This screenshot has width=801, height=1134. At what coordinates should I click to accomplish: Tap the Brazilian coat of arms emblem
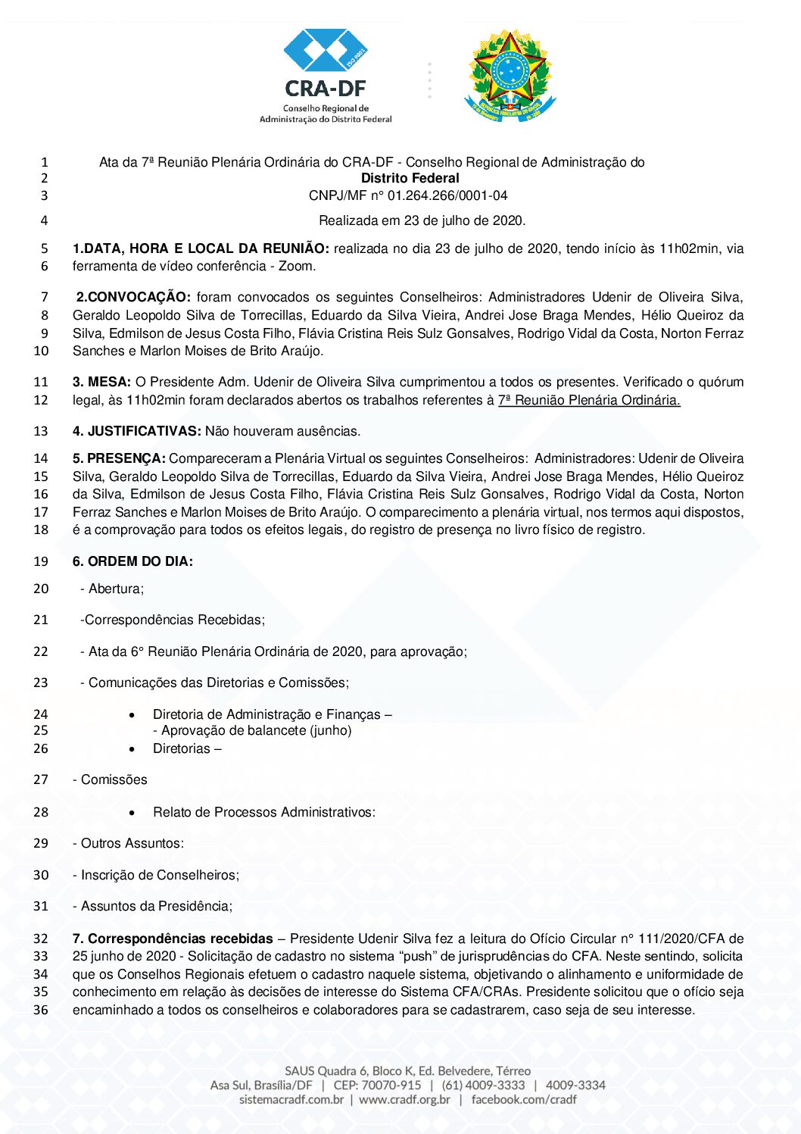[510, 76]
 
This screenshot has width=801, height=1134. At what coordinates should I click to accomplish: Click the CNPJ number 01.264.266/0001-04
[447, 195]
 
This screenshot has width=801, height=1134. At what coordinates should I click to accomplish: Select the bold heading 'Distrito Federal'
[410, 178]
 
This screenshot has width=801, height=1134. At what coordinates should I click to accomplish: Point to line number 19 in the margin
[41, 561]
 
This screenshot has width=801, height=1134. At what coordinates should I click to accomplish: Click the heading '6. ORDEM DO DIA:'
[132, 561]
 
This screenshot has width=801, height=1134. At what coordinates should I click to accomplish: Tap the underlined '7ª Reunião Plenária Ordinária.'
[589, 400]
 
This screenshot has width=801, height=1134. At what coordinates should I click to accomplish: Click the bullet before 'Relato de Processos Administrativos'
[132, 812]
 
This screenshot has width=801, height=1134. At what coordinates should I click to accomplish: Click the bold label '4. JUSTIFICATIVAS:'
[137, 431]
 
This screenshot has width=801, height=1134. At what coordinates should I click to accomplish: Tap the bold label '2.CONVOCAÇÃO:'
[133, 297]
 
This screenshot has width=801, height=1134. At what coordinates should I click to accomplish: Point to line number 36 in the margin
[41, 1010]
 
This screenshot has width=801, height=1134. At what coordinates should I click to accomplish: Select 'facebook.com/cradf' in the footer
[524, 1099]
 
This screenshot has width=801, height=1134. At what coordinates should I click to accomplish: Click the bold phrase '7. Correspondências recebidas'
[173, 939]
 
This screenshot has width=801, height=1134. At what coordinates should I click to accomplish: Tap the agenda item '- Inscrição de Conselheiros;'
[156, 875]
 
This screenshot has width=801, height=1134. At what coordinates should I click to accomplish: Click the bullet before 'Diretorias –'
[132, 748]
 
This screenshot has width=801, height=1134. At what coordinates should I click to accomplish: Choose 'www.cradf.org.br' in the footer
[404, 1099]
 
